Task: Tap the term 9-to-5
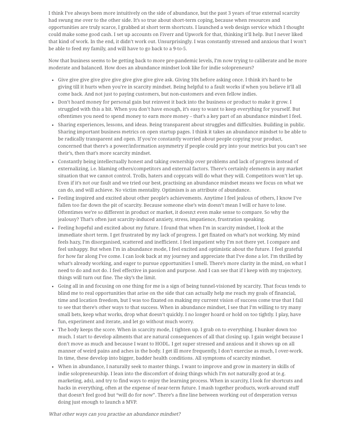pos(179,48)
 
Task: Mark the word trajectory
pos(290,270)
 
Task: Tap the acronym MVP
pos(131,402)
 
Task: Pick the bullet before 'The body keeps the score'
pos(53,330)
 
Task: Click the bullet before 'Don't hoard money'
pos(53,102)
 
